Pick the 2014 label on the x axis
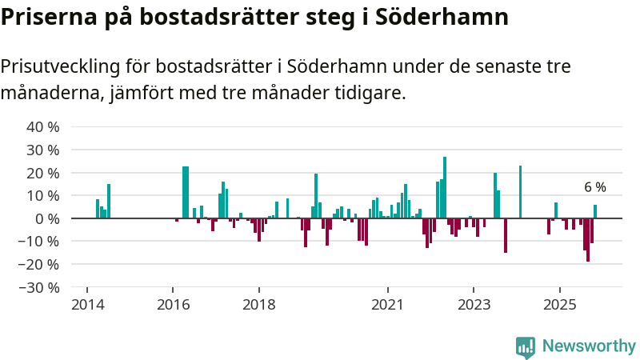pyautogui.click(x=86, y=305)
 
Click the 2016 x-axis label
pyautogui.click(x=172, y=305)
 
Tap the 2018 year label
pyautogui.click(x=258, y=305)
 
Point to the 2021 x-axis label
pyautogui.click(x=387, y=305)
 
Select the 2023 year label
pyautogui.click(x=474, y=305)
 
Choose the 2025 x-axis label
pyautogui.click(x=560, y=305)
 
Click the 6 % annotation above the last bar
pyautogui.click(x=595, y=188)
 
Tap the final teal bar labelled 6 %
pyautogui.click(x=595, y=212)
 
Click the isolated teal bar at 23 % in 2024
pyautogui.click(x=520, y=192)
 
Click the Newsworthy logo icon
pyautogui.click(x=526, y=346)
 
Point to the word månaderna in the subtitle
pyautogui.click(x=50, y=94)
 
